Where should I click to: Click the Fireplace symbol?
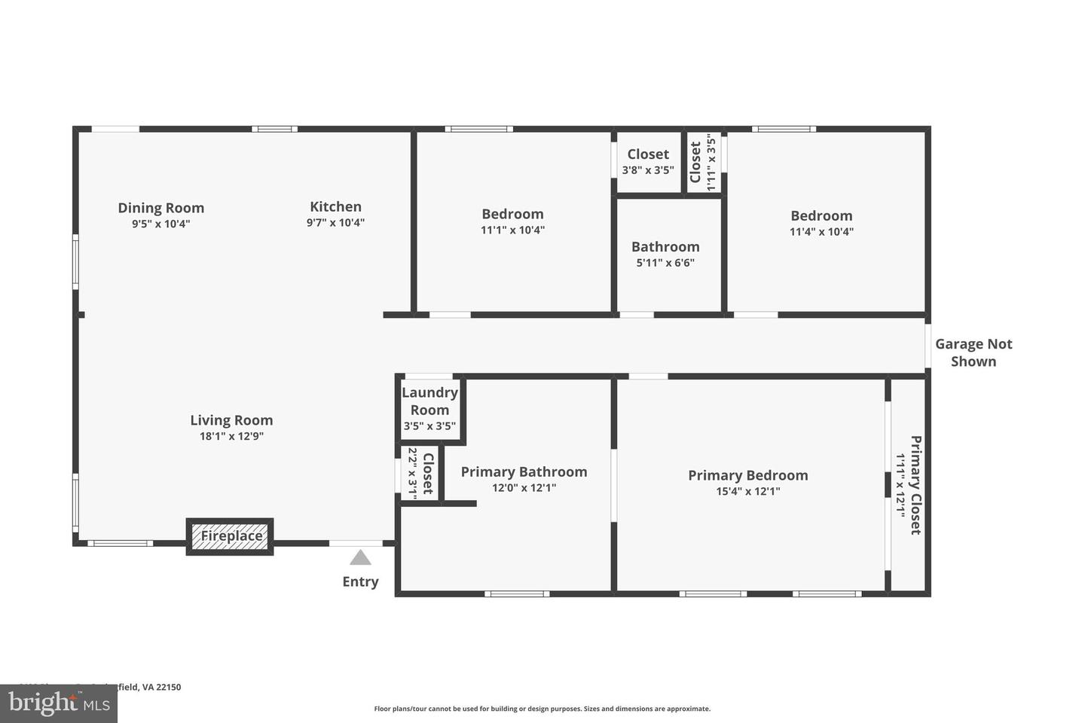(x=230, y=536)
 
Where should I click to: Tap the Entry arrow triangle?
(x=360, y=557)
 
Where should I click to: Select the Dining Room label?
(x=160, y=208)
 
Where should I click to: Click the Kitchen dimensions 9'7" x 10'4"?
(x=335, y=223)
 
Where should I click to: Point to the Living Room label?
(x=231, y=420)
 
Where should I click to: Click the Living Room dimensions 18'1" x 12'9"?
(x=226, y=436)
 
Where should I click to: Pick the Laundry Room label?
(x=429, y=401)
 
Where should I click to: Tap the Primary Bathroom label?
(x=524, y=471)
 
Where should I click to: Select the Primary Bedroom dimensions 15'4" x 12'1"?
(x=747, y=492)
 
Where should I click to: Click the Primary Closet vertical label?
(x=915, y=485)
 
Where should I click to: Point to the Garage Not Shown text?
(x=973, y=352)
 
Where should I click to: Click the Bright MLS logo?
(x=58, y=704)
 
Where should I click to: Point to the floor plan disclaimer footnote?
(x=542, y=709)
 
